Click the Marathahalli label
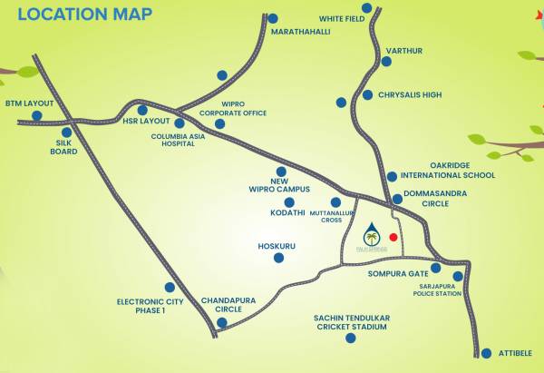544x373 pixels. pyautogui.click(x=301, y=32)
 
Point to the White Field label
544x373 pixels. pyautogui.click(x=341, y=18)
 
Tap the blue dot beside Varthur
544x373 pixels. pyautogui.click(x=386, y=62)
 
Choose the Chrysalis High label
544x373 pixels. pyautogui.click(x=413, y=94)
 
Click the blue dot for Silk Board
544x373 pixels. pyautogui.click(x=66, y=133)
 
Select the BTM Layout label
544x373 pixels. pyautogui.click(x=29, y=103)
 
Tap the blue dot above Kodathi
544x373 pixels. pyautogui.click(x=281, y=171)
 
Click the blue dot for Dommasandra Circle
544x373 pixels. pyautogui.click(x=397, y=199)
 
